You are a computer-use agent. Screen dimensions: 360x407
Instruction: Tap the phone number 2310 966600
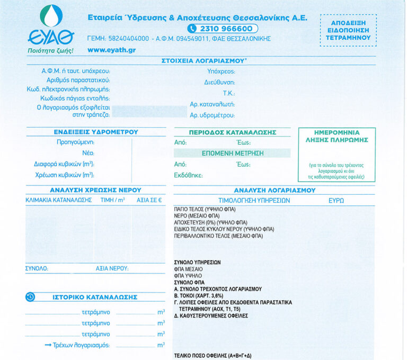223,29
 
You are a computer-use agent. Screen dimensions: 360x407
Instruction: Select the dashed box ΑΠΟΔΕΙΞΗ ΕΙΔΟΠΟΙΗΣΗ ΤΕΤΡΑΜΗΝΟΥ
348,31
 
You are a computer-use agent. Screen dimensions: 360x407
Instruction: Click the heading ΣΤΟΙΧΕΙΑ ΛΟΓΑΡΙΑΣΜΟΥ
203,61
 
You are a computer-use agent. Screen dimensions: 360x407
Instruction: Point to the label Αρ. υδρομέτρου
212,115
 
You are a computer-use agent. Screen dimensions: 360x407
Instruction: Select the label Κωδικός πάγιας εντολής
75,98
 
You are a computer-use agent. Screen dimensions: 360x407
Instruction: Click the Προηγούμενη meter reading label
75,142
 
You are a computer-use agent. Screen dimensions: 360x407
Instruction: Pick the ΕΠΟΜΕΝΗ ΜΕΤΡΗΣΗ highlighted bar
233,153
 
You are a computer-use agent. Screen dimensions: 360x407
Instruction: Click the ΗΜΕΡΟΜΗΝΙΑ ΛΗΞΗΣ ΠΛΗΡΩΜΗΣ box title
337,136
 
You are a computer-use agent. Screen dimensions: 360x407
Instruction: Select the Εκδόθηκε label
189,175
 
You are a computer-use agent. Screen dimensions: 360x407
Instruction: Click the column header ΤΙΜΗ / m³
113,201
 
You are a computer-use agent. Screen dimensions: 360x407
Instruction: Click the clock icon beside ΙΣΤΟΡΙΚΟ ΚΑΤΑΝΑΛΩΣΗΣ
30,297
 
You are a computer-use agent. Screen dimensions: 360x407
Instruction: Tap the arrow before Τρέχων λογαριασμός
47,345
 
